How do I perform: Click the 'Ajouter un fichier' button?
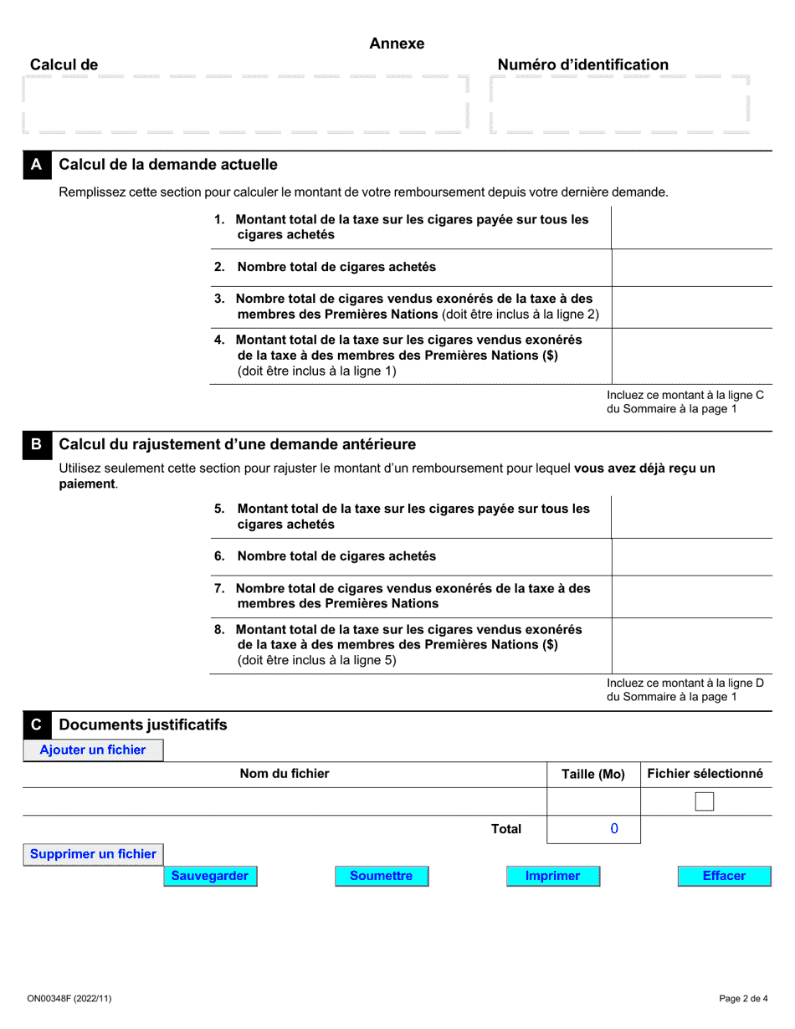pos(93,750)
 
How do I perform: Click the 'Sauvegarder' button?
pos(210,876)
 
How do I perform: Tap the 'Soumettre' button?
pos(382,876)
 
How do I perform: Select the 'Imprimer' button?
pos(553,876)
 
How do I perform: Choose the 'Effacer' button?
pos(724,876)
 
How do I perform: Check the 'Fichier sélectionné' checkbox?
pos(705,802)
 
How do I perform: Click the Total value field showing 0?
pos(593,829)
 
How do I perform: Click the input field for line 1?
pos(691,228)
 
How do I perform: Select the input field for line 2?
pos(691,268)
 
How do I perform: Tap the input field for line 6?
pos(691,556)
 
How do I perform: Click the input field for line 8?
pos(691,645)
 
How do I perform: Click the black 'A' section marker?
pos(36,165)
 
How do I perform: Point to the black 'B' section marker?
pos(36,444)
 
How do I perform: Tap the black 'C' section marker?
pos(36,724)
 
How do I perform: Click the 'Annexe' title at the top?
pos(397,44)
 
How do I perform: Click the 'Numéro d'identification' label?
pos(583,65)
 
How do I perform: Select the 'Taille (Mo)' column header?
pos(593,775)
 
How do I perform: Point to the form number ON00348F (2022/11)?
pos(67,998)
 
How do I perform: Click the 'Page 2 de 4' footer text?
pos(743,998)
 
